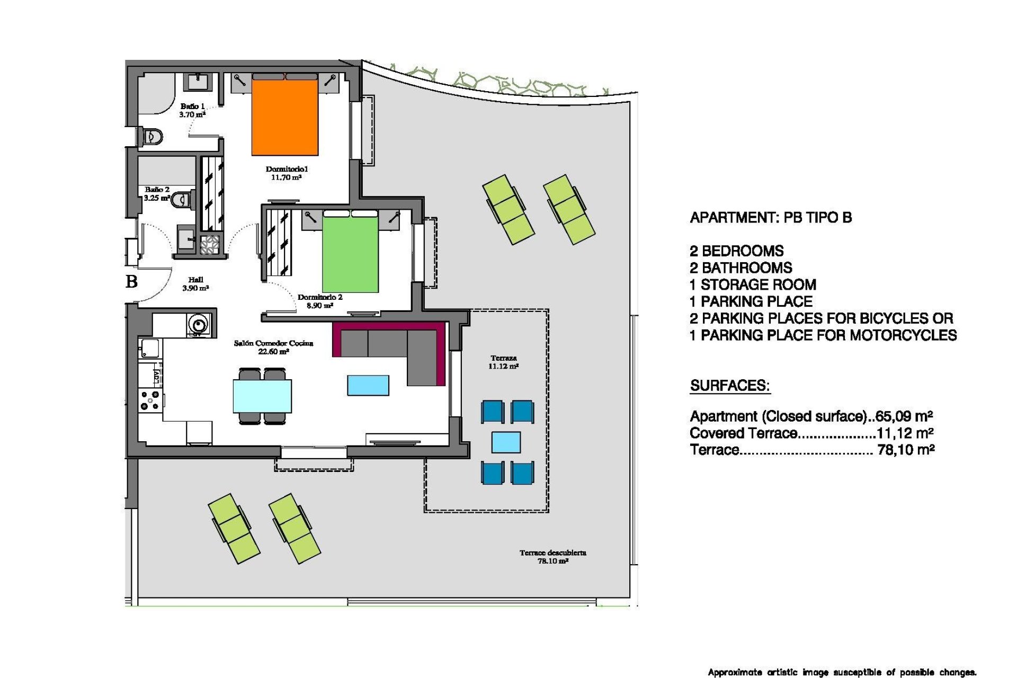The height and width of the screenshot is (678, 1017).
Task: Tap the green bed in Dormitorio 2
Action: pos(350,255)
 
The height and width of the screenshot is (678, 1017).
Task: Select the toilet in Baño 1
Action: pos(151,137)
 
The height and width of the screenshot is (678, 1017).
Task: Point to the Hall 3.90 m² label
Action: pos(195,284)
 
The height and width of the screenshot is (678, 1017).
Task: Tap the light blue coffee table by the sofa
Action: pos(368,385)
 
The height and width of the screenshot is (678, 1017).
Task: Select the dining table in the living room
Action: pos(262,396)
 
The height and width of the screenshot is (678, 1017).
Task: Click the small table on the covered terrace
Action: pos(506,442)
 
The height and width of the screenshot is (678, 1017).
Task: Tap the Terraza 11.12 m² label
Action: pos(503,362)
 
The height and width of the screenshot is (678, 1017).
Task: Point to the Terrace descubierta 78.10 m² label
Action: pos(552,557)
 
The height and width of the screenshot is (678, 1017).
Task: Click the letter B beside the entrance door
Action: pos(132,281)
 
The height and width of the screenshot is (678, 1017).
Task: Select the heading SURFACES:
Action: pos(729,386)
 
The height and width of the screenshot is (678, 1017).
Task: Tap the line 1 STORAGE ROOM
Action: pos(753,285)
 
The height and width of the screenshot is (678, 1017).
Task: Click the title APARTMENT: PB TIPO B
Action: pos(771,218)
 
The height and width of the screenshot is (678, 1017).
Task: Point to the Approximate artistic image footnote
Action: pos(842,672)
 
